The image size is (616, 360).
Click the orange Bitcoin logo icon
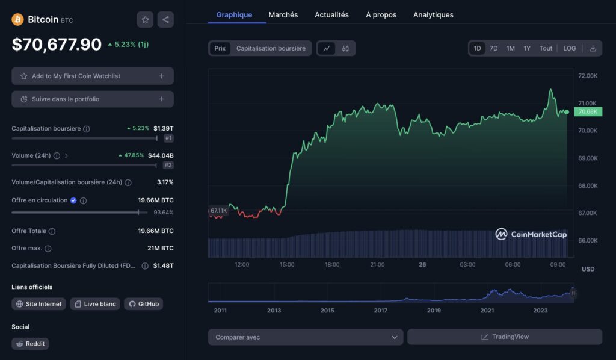point(18,20)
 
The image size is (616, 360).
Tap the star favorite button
point(145,20)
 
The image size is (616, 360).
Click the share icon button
point(165,20)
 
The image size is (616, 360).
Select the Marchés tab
point(283,14)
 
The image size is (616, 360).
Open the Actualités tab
point(331,14)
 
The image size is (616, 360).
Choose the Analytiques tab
point(433,14)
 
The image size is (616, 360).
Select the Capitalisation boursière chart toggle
point(271,48)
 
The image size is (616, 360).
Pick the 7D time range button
point(493,48)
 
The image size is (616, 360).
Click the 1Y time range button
point(527,48)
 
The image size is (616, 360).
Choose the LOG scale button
point(569,48)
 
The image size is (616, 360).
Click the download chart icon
point(593,48)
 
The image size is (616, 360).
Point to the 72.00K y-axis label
point(587,76)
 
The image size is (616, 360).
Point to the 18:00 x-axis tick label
point(332,265)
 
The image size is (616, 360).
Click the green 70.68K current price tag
point(587,111)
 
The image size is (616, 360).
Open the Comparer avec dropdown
point(306,337)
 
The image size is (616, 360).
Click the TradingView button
point(504,337)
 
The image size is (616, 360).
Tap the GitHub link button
point(143,304)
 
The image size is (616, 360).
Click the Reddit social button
point(30,344)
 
